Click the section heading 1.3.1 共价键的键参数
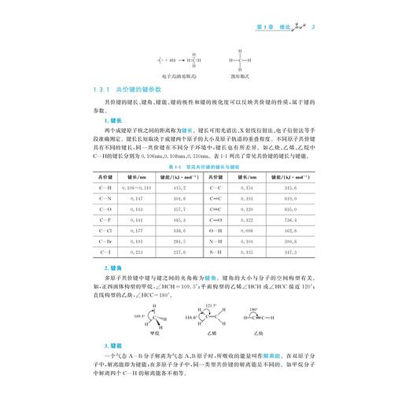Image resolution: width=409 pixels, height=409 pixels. [126, 91]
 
